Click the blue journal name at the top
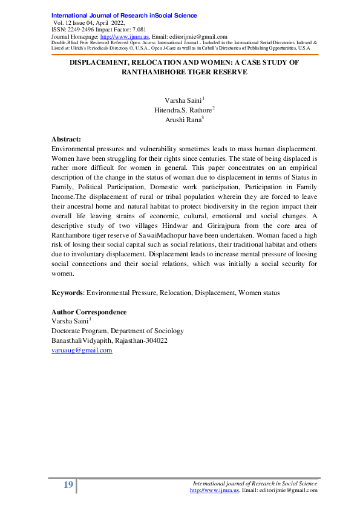(x=124, y=15)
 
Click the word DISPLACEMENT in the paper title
(x=103, y=62)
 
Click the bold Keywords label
(x=67, y=293)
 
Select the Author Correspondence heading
(x=89, y=312)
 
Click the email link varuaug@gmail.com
(x=82, y=351)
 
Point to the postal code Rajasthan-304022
(x=140, y=341)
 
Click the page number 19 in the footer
(x=68, y=485)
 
